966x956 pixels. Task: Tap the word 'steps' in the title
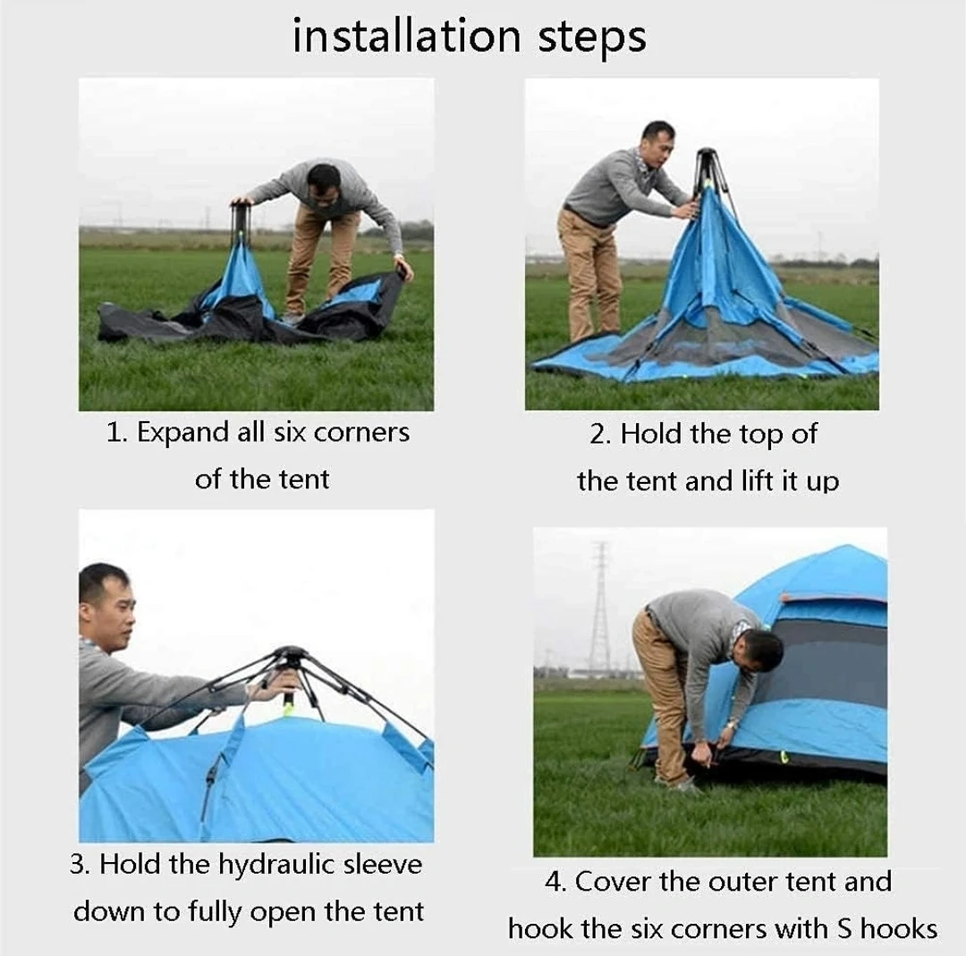[x=592, y=38]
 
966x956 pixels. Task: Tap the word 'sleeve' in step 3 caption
[x=383, y=864]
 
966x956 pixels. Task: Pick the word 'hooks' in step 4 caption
[x=899, y=928]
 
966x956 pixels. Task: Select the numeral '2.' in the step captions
[x=600, y=434]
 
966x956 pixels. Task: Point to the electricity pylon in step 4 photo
[x=599, y=610]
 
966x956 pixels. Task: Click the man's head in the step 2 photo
[x=657, y=143]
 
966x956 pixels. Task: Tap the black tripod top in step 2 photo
[x=707, y=165]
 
